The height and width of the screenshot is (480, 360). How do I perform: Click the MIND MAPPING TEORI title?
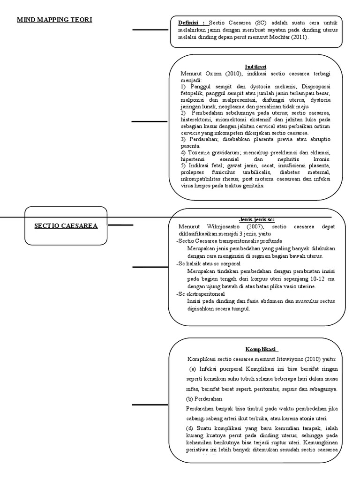pos(55,20)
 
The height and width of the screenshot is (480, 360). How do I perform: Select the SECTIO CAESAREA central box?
pos(66,226)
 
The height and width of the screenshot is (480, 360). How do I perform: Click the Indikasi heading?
pos(255,67)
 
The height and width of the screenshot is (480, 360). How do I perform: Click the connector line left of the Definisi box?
pos(150,30)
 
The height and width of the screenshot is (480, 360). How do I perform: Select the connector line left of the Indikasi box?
pos(149,122)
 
